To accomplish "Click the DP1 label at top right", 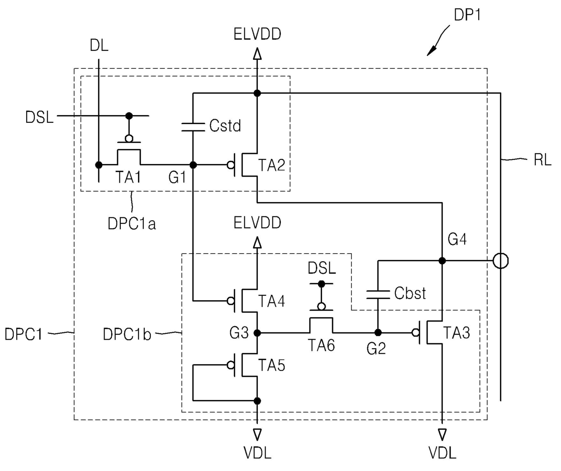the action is click(467, 15).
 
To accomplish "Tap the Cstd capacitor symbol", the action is click(193, 127).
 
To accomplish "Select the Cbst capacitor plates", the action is click(378, 295).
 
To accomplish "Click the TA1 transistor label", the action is click(128, 177).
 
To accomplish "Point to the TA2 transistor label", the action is click(271, 165).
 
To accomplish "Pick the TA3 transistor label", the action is click(456, 333).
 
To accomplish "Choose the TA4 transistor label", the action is click(271, 301).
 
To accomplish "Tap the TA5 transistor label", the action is click(271, 365).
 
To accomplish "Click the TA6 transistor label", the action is click(321, 346).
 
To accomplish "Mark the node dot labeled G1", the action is click(193, 165).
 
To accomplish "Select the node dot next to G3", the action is click(257, 333).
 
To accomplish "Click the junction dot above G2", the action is click(378, 333).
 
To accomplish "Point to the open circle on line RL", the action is click(500, 261).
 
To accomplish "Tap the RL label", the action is click(542, 160).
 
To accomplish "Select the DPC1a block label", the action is click(132, 224).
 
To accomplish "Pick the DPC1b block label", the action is click(127, 334).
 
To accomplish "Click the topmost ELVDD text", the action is click(257, 34).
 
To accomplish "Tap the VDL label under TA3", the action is click(442, 453).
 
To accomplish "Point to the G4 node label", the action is click(457, 239).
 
